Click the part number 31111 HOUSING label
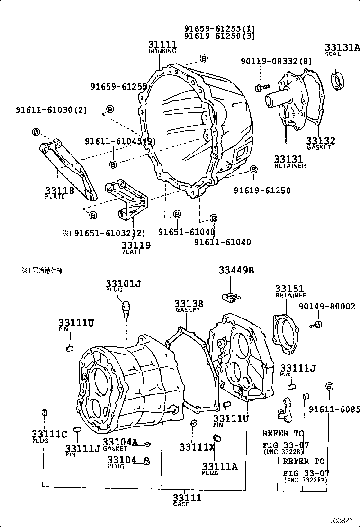pyautogui.click(x=162, y=46)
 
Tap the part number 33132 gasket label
pyautogui.click(x=321, y=143)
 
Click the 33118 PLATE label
pyautogui.click(x=59, y=191)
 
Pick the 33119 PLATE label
pyautogui.click(x=135, y=247)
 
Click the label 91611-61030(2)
pyautogui.click(x=51, y=110)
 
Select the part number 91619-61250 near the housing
pyautogui.click(x=262, y=191)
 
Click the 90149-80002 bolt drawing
pyautogui.click(x=316, y=325)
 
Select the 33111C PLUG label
pyautogui.click(x=49, y=436)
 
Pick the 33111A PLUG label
pyautogui.click(x=219, y=468)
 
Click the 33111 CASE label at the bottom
pyautogui.click(x=187, y=500)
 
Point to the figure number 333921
pyautogui.click(x=342, y=520)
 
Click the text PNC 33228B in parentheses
pyautogui.click(x=306, y=481)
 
